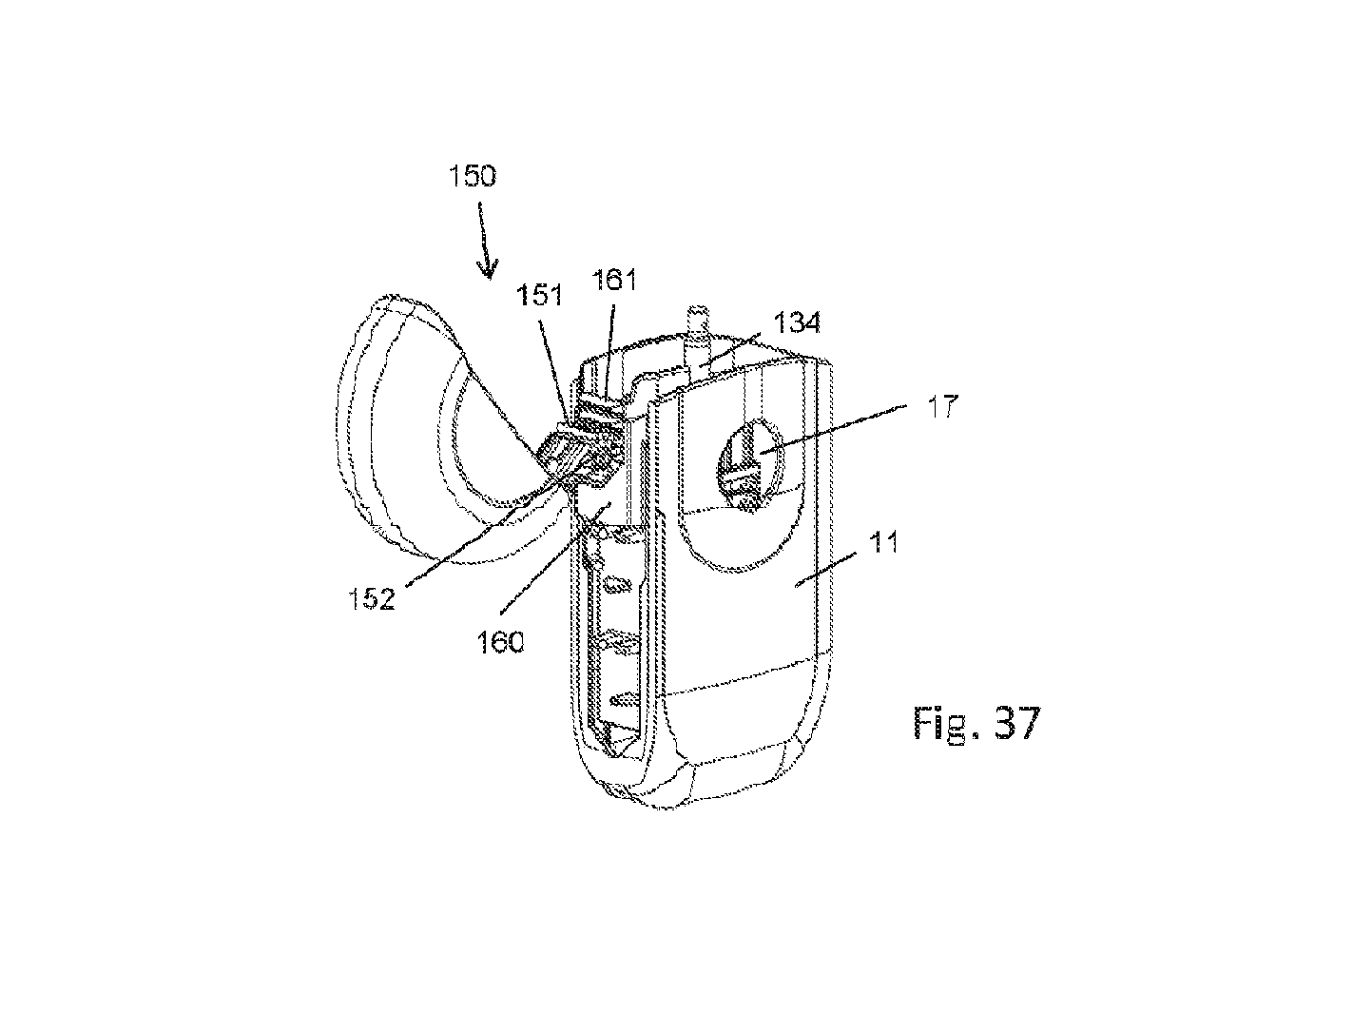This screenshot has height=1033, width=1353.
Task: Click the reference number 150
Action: click(x=473, y=176)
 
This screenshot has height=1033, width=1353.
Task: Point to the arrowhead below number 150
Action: click(x=489, y=270)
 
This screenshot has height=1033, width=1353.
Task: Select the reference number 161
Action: click(x=614, y=280)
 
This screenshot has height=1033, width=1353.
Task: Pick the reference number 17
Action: click(x=942, y=406)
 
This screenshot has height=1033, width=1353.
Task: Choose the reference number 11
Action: click(x=882, y=542)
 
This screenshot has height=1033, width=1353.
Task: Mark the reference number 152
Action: click(x=372, y=598)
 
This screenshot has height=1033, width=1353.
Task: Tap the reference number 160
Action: click(x=500, y=642)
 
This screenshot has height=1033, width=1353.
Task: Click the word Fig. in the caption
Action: click(x=945, y=724)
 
